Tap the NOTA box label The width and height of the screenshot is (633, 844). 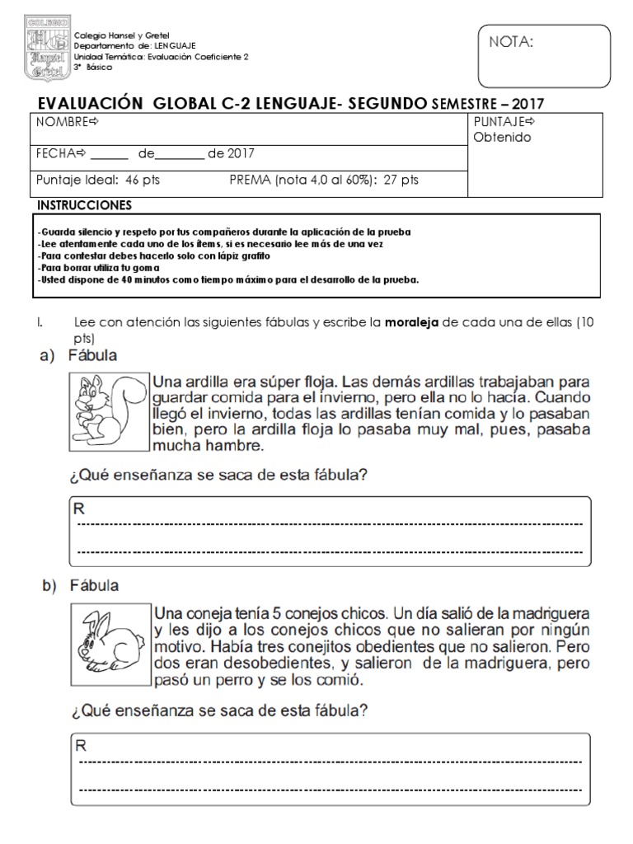coord(513,43)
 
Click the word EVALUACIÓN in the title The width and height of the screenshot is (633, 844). coord(86,103)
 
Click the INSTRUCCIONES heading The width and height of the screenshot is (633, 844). coord(84,204)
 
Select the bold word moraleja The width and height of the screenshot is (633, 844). coord(412,322)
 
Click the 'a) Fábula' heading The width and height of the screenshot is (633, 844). coord(79,356)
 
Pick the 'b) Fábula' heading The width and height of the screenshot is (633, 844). coord(79,586)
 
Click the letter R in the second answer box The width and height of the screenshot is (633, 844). coord(81,747)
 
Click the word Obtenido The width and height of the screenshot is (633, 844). coord(502,138)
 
